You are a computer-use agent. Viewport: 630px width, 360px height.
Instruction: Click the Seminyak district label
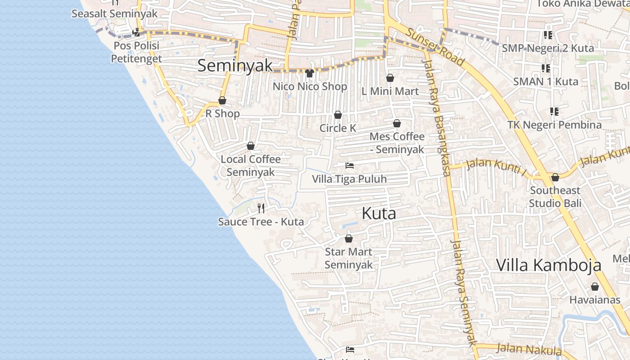coord(235,66)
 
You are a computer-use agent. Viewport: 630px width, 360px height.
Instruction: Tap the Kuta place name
coord(379,213)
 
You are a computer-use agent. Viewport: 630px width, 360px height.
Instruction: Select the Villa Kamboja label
coord(549,265)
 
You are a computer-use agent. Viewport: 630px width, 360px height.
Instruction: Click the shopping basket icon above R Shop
coord(222,100)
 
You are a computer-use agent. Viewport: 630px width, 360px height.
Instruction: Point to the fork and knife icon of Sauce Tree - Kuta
coord(261,208)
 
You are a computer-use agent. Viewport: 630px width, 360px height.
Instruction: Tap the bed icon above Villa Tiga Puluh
coord(350,166)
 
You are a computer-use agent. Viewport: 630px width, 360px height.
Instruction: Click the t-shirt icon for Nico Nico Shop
coord(310,73)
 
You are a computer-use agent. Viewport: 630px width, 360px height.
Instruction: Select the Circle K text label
coord(337,128)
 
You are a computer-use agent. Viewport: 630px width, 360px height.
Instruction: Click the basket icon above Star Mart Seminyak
coord(348,238)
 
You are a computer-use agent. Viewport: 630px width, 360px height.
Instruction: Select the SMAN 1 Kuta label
coord(545,82)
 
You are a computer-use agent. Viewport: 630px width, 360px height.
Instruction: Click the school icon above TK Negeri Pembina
coord(554,111)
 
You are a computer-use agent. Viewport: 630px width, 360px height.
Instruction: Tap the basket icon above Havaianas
coord(595,287)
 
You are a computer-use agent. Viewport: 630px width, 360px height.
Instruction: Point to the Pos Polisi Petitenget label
coord(136,52)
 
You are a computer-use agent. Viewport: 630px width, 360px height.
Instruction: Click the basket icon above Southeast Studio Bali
coord(555,178)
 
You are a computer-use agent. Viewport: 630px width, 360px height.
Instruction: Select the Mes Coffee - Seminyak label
coord(397,143)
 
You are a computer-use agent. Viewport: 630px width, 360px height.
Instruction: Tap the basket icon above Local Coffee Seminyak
coord(251,146)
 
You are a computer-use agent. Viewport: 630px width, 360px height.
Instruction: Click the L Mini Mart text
coord(390,91)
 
